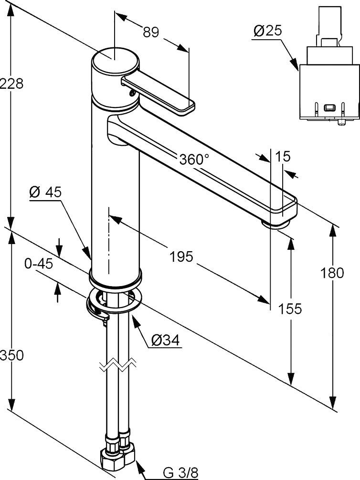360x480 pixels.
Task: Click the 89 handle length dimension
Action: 150,32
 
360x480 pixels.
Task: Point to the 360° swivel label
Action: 194,159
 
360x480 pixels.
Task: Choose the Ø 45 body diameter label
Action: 45,192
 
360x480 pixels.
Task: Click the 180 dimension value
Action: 332,273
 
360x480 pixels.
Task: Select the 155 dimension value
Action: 291,309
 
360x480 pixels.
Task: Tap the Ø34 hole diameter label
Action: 165,340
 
